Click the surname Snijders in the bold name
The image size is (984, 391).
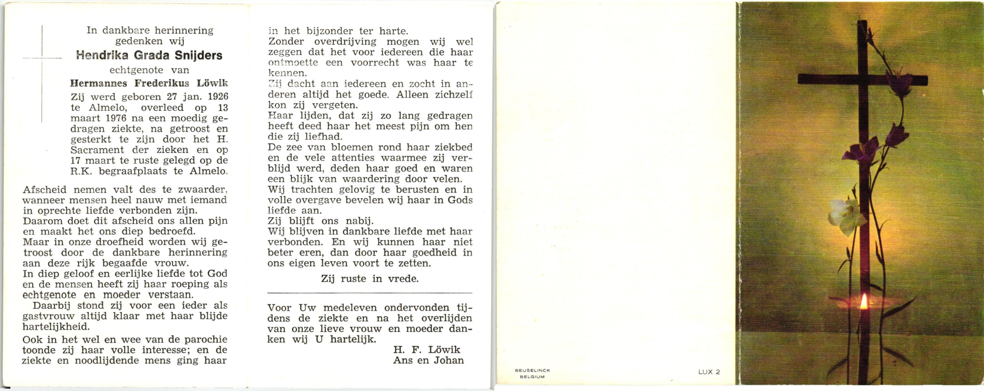coord(198,55)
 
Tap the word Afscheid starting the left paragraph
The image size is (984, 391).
coord(45,190)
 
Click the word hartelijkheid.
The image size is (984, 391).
coord(56,327)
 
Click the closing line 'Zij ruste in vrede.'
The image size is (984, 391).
coord(369,279)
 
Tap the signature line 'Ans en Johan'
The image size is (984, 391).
coord(428,360)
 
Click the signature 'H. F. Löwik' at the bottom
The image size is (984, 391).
coord(427,349)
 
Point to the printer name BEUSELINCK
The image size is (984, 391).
coord(532,370)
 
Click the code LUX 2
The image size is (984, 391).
coord(709,372)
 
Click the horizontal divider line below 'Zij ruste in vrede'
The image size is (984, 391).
coord(369,293)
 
